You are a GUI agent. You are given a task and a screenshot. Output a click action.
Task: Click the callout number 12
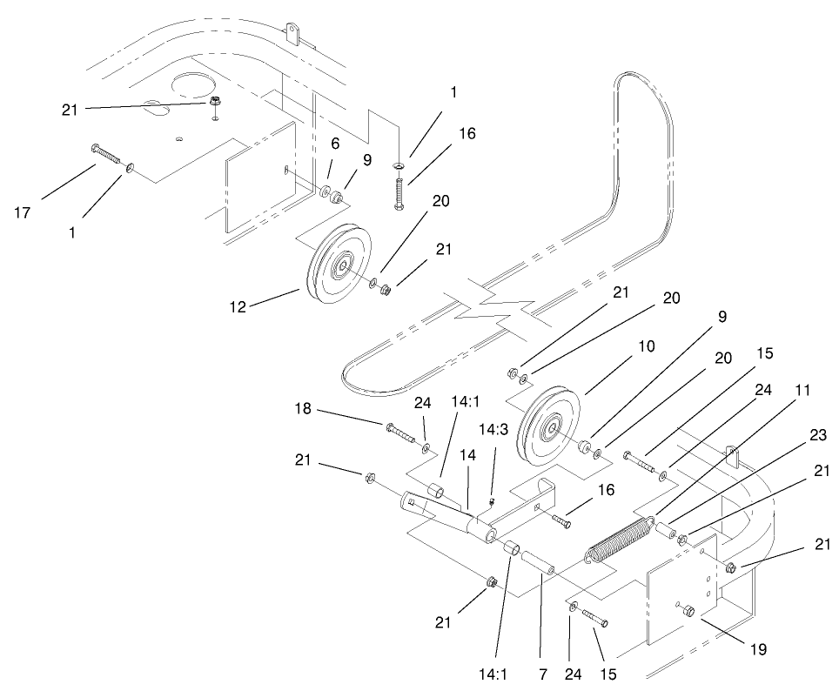[x=238, y=305]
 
